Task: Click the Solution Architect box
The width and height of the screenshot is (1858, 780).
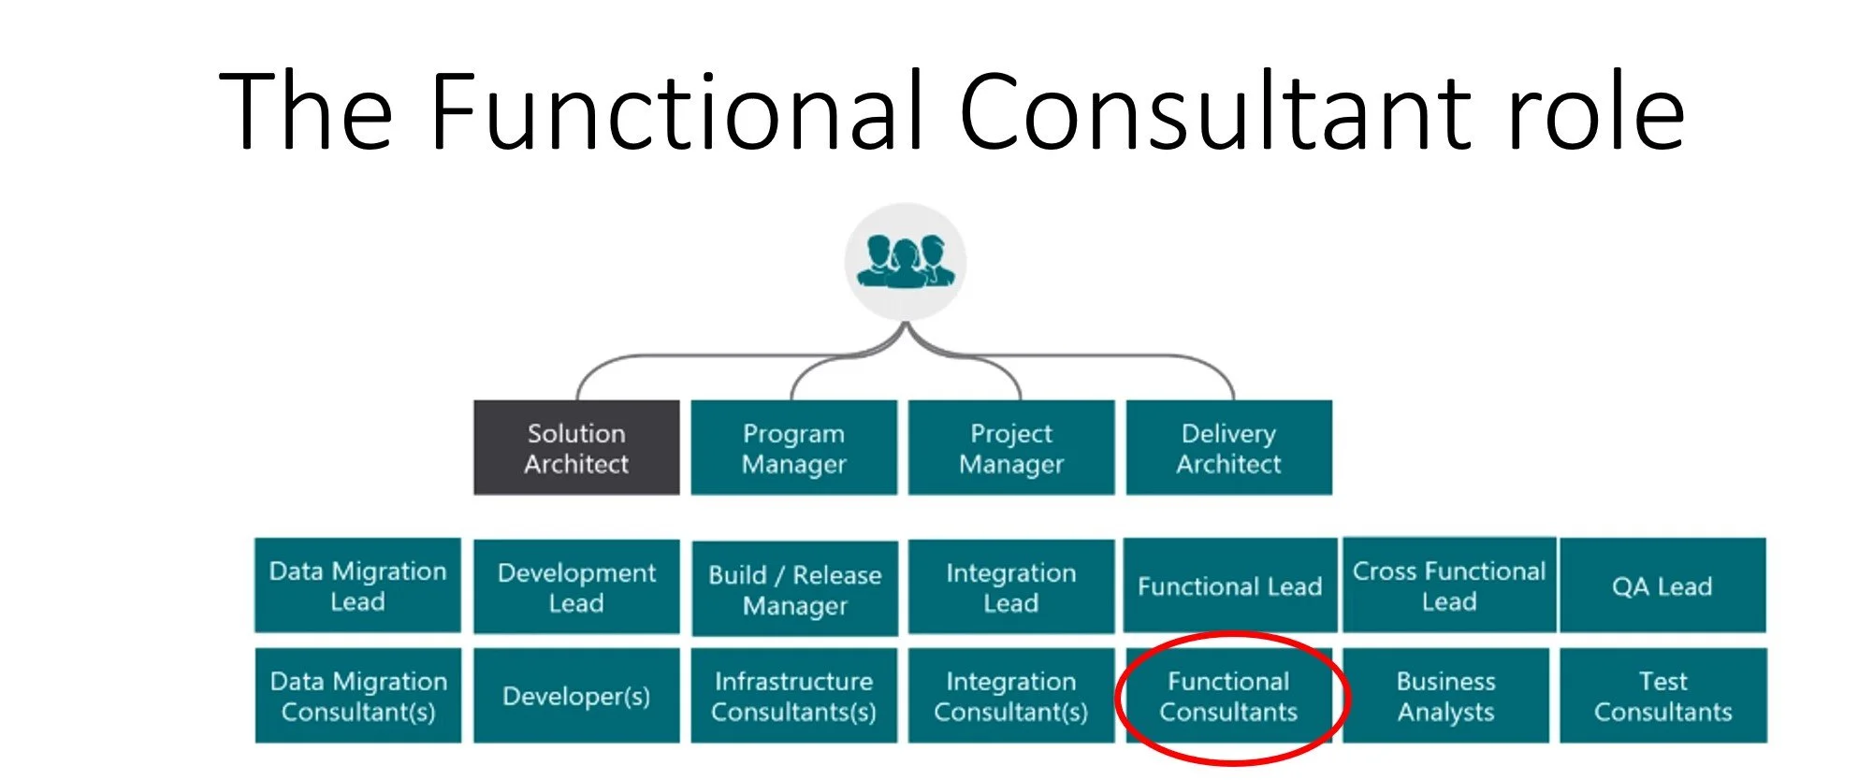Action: click(576, 448)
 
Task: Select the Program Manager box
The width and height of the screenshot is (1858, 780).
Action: click(793, 448)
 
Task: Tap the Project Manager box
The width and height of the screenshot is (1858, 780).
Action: click(1011, 448)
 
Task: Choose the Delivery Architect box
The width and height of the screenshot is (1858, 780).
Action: click(1228, 448)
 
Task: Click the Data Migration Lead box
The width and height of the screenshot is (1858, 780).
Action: click(357, 585)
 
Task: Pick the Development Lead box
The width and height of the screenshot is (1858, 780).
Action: click(576, 586)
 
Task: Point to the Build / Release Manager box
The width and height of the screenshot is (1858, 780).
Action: click(794, 588)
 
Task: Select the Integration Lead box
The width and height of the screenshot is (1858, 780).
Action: click(1011, 586)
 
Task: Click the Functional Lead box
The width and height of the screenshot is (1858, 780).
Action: click(1229, 585)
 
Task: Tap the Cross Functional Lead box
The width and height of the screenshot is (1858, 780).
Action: click(1449, 585)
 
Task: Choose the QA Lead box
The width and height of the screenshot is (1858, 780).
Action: click(1662, 585)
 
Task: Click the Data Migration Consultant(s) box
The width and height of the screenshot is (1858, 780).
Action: click(358, 696)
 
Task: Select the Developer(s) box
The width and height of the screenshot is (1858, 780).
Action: click(576, 696)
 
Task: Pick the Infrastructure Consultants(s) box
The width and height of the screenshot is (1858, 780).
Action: click(793, 696)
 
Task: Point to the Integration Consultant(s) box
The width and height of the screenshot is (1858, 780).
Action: click(1011, 696)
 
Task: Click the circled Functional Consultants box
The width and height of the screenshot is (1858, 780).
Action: click(1228, 696)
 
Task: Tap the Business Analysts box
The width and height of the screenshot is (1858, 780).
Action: click(1445, 696)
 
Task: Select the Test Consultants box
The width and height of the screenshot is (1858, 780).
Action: click(1662, 696)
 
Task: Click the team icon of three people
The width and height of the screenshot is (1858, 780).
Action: click(906, 263)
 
